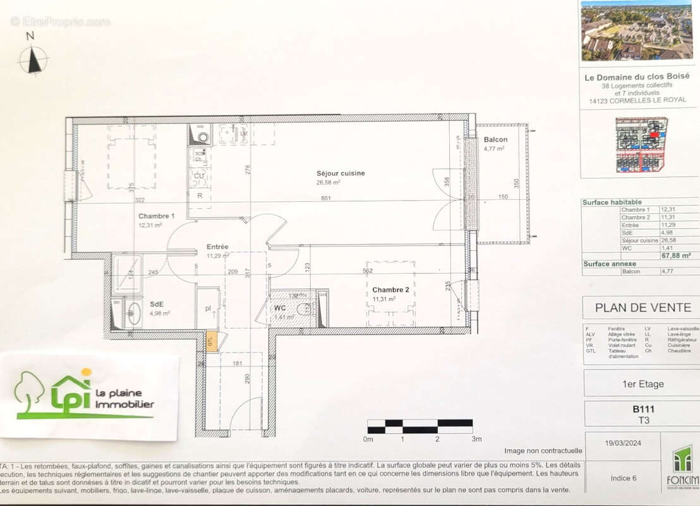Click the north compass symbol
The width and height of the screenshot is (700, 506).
tap(33, 61)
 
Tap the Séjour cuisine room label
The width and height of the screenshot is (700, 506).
tap(341, 173)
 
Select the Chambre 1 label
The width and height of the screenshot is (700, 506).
tap(157, 216)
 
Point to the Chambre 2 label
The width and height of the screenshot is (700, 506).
tap(390, 290)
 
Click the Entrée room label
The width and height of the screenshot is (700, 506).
tap(217, 247)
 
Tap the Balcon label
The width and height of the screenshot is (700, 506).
tap(495, 140)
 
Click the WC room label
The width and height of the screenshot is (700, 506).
tap(280, 308)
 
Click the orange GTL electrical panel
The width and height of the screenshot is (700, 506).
tap(212, 341)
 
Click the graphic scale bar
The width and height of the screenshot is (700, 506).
tap(419, 426)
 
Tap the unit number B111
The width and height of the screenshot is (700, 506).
tap(642, 409)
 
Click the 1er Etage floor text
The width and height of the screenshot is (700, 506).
tap(642, 383)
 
